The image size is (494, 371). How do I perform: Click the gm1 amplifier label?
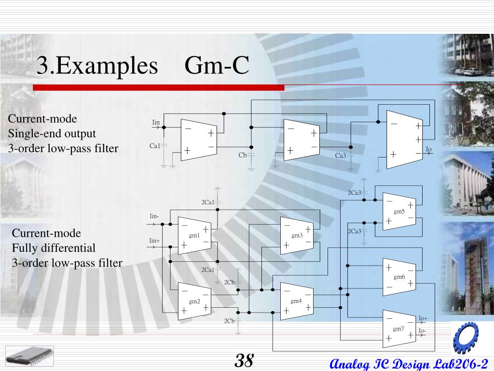194,235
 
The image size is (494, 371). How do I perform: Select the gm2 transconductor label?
194,301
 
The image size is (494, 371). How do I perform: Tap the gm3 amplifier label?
297,235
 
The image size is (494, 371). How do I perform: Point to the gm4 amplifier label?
296,301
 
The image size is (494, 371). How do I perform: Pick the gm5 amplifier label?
399,212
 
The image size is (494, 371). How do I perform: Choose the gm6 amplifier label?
399,277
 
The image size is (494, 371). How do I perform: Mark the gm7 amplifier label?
398,329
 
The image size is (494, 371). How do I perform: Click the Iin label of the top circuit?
156,122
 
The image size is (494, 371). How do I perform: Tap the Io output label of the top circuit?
428,149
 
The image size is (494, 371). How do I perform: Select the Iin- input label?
154,216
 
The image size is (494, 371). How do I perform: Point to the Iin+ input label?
154,241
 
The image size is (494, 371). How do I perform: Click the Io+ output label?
423,318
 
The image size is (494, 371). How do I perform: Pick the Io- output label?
422,331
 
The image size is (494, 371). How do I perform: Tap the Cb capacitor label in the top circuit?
243,155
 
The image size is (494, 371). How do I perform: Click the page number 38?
245,360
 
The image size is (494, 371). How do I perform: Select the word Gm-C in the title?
217,66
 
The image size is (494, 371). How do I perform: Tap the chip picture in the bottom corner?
30,356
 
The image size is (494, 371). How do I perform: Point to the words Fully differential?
54,248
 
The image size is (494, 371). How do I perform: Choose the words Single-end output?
52,134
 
